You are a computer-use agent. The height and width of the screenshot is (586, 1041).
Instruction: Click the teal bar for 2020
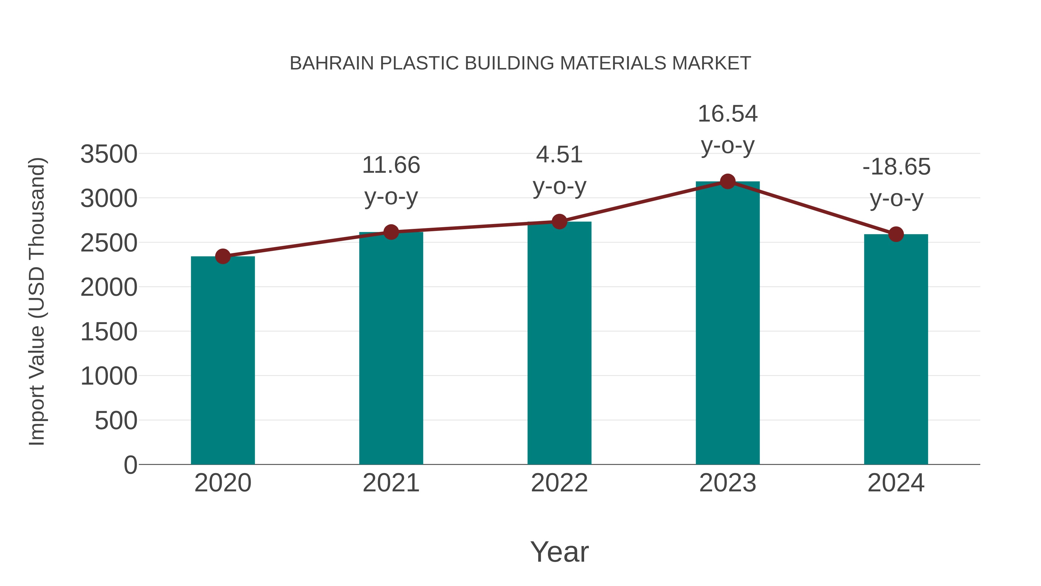point(223,360)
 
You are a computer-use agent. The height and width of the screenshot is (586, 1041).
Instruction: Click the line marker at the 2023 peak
point(728,181)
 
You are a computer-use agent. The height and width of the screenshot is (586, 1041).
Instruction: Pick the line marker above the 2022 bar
point(559,222)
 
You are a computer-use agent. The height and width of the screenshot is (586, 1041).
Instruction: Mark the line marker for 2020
point(223,256)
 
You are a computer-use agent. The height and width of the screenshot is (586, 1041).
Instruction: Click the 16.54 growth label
point(728,114)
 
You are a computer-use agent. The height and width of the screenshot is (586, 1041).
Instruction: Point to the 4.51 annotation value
point(559,155)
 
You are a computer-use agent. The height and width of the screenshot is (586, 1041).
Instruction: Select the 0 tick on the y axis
point(130,465)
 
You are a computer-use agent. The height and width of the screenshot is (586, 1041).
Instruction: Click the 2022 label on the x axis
point(559,483)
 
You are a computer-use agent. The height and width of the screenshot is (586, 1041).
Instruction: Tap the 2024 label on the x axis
point(896,483)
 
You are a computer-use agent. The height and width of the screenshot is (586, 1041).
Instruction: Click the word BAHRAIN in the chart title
point(332,63)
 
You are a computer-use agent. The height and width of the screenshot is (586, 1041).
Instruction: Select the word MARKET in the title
point(711,63)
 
